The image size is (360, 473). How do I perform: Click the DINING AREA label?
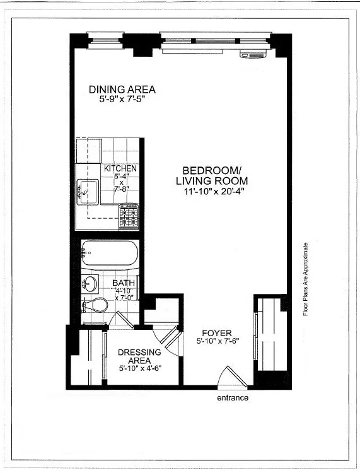tap(122, 90)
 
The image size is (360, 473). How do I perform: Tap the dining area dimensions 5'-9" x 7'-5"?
tap(122, 100)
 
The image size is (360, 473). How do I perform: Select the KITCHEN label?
tap(120, 169)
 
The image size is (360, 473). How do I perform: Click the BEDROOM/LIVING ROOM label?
tap(212, 176)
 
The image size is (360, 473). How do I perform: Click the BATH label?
tap(124, 284)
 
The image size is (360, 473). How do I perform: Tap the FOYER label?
tap(216, 333)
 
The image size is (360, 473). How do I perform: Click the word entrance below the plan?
tap(233, 398)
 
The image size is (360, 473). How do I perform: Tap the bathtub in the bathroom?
tap(109, 255)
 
